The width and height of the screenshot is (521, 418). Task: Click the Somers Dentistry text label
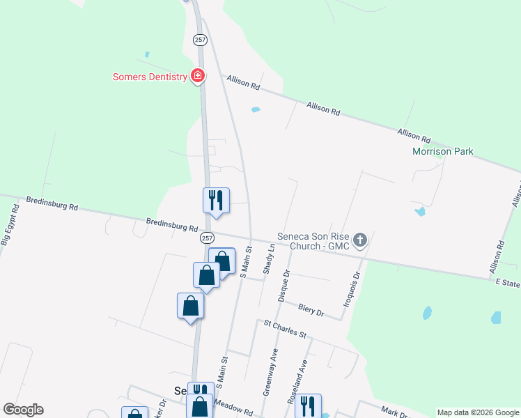click(150, 77)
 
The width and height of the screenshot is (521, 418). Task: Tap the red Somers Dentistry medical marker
click(198, 75)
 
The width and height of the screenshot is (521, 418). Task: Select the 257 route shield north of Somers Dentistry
click(201, 40)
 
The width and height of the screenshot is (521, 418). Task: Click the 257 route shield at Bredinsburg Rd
click(207, 238)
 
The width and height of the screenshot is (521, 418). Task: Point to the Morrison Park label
click(442, 151)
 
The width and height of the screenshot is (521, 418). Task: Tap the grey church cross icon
click(360, 240)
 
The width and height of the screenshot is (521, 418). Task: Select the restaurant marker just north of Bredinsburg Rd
click(216, 200)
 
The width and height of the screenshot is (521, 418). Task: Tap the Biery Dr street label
click(311, 309)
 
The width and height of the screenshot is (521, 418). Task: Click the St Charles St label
click(284, 329)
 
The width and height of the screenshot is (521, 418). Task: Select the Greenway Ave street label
click(270, 372)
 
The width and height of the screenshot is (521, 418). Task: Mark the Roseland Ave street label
click(303, 378)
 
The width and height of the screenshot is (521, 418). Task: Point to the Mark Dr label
click(394, 412)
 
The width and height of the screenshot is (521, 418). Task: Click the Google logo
click(23, 410)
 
